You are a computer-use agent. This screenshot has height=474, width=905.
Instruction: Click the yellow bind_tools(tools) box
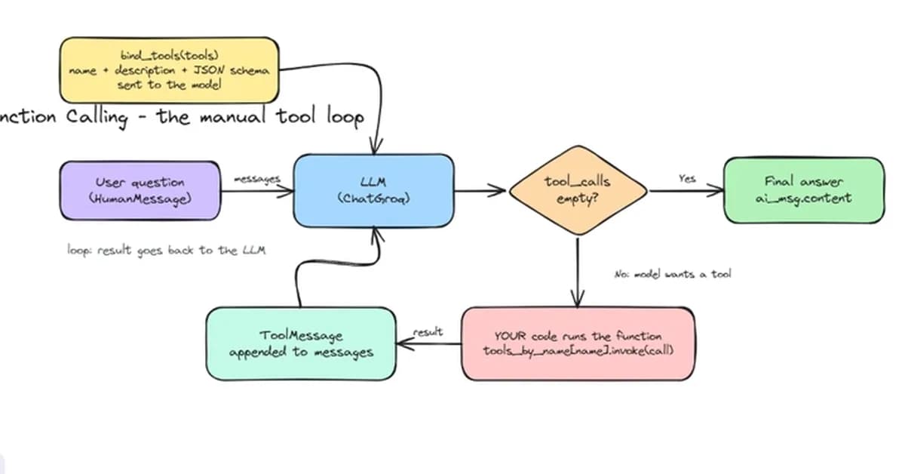169,70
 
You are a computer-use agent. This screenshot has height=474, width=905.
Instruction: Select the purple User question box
140,190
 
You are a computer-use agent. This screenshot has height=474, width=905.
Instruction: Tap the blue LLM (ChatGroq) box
374,190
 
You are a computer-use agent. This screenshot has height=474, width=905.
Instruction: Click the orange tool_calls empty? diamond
578,190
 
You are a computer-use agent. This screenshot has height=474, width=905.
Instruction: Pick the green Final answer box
804,190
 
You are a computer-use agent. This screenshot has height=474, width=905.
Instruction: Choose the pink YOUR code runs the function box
578,343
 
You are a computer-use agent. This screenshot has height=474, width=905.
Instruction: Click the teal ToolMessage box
301,343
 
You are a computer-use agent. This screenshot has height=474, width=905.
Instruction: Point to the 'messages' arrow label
257,179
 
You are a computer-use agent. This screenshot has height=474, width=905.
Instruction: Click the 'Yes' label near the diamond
687,178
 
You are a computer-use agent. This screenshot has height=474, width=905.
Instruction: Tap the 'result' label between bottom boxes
428,332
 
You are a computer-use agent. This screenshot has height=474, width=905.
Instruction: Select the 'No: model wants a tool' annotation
673,274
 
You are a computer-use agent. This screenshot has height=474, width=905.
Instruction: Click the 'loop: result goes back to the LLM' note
167,251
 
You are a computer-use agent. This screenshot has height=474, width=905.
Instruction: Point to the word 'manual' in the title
233,117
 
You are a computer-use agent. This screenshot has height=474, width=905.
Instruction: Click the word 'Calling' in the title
97,118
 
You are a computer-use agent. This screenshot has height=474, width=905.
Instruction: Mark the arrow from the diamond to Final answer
686,191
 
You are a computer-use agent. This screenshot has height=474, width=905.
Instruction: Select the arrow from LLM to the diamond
480,190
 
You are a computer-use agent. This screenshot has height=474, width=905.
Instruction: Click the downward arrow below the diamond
578,273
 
